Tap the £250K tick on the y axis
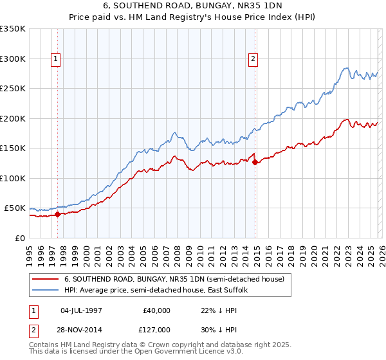click(13, 89)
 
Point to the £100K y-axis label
click(13, 178)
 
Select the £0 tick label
click(20, 238)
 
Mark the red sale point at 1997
click(58, 214)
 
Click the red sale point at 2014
click(255, 162)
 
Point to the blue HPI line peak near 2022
click(346, 67)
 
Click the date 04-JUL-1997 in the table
click(81, 310)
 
